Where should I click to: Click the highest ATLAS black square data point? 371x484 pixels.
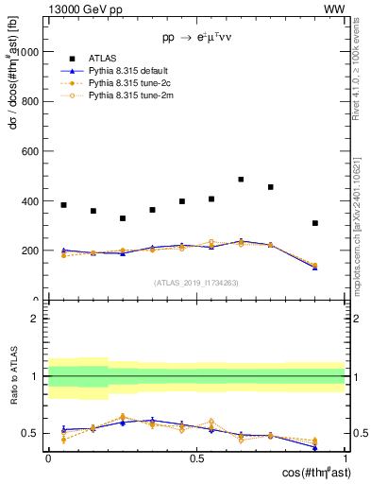click(241, 179)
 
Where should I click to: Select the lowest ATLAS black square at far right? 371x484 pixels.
click(315, 223)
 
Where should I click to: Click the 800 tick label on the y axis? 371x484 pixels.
click(31, 101)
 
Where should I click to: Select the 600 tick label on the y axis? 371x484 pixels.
click(31, 151)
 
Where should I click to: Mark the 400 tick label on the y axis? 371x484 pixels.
click(31, 201)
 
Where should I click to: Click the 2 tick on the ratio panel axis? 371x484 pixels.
click(38, 319)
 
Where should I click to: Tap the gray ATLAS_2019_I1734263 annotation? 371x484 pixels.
click(196, 282)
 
